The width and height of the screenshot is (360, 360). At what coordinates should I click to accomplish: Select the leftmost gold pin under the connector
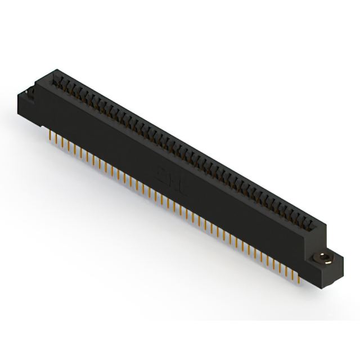coord(49,136)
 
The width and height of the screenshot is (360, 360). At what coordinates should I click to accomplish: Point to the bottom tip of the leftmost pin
coord(49,141)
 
